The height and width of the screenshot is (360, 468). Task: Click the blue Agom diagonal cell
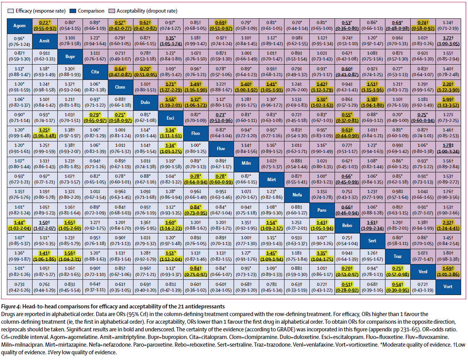click(x=19, y=26)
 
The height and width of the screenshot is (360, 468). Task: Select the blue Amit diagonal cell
click(x=45, y=41)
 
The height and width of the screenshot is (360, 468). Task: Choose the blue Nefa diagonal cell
click(x=297, y=195)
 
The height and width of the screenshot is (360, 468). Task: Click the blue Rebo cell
click(x=347, y=225)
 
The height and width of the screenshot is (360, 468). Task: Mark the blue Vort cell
click(x=448, y=286)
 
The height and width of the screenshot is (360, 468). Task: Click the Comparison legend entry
click(x=91, y=10)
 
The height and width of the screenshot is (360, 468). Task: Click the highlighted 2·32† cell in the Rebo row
click(x=448, y=225)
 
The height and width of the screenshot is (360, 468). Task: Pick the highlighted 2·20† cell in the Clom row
click(x=448, y=87)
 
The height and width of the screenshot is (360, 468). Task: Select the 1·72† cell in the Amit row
click(x=448, y=41)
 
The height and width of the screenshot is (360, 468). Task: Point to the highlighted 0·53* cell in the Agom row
click(x=347, y=26)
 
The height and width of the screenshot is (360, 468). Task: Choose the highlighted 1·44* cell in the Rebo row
click(x=19, y=225)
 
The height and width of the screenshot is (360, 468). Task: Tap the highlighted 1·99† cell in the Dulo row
click(x=448, y=102)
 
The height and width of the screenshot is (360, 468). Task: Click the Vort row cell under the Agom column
click(x=19, y=286)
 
